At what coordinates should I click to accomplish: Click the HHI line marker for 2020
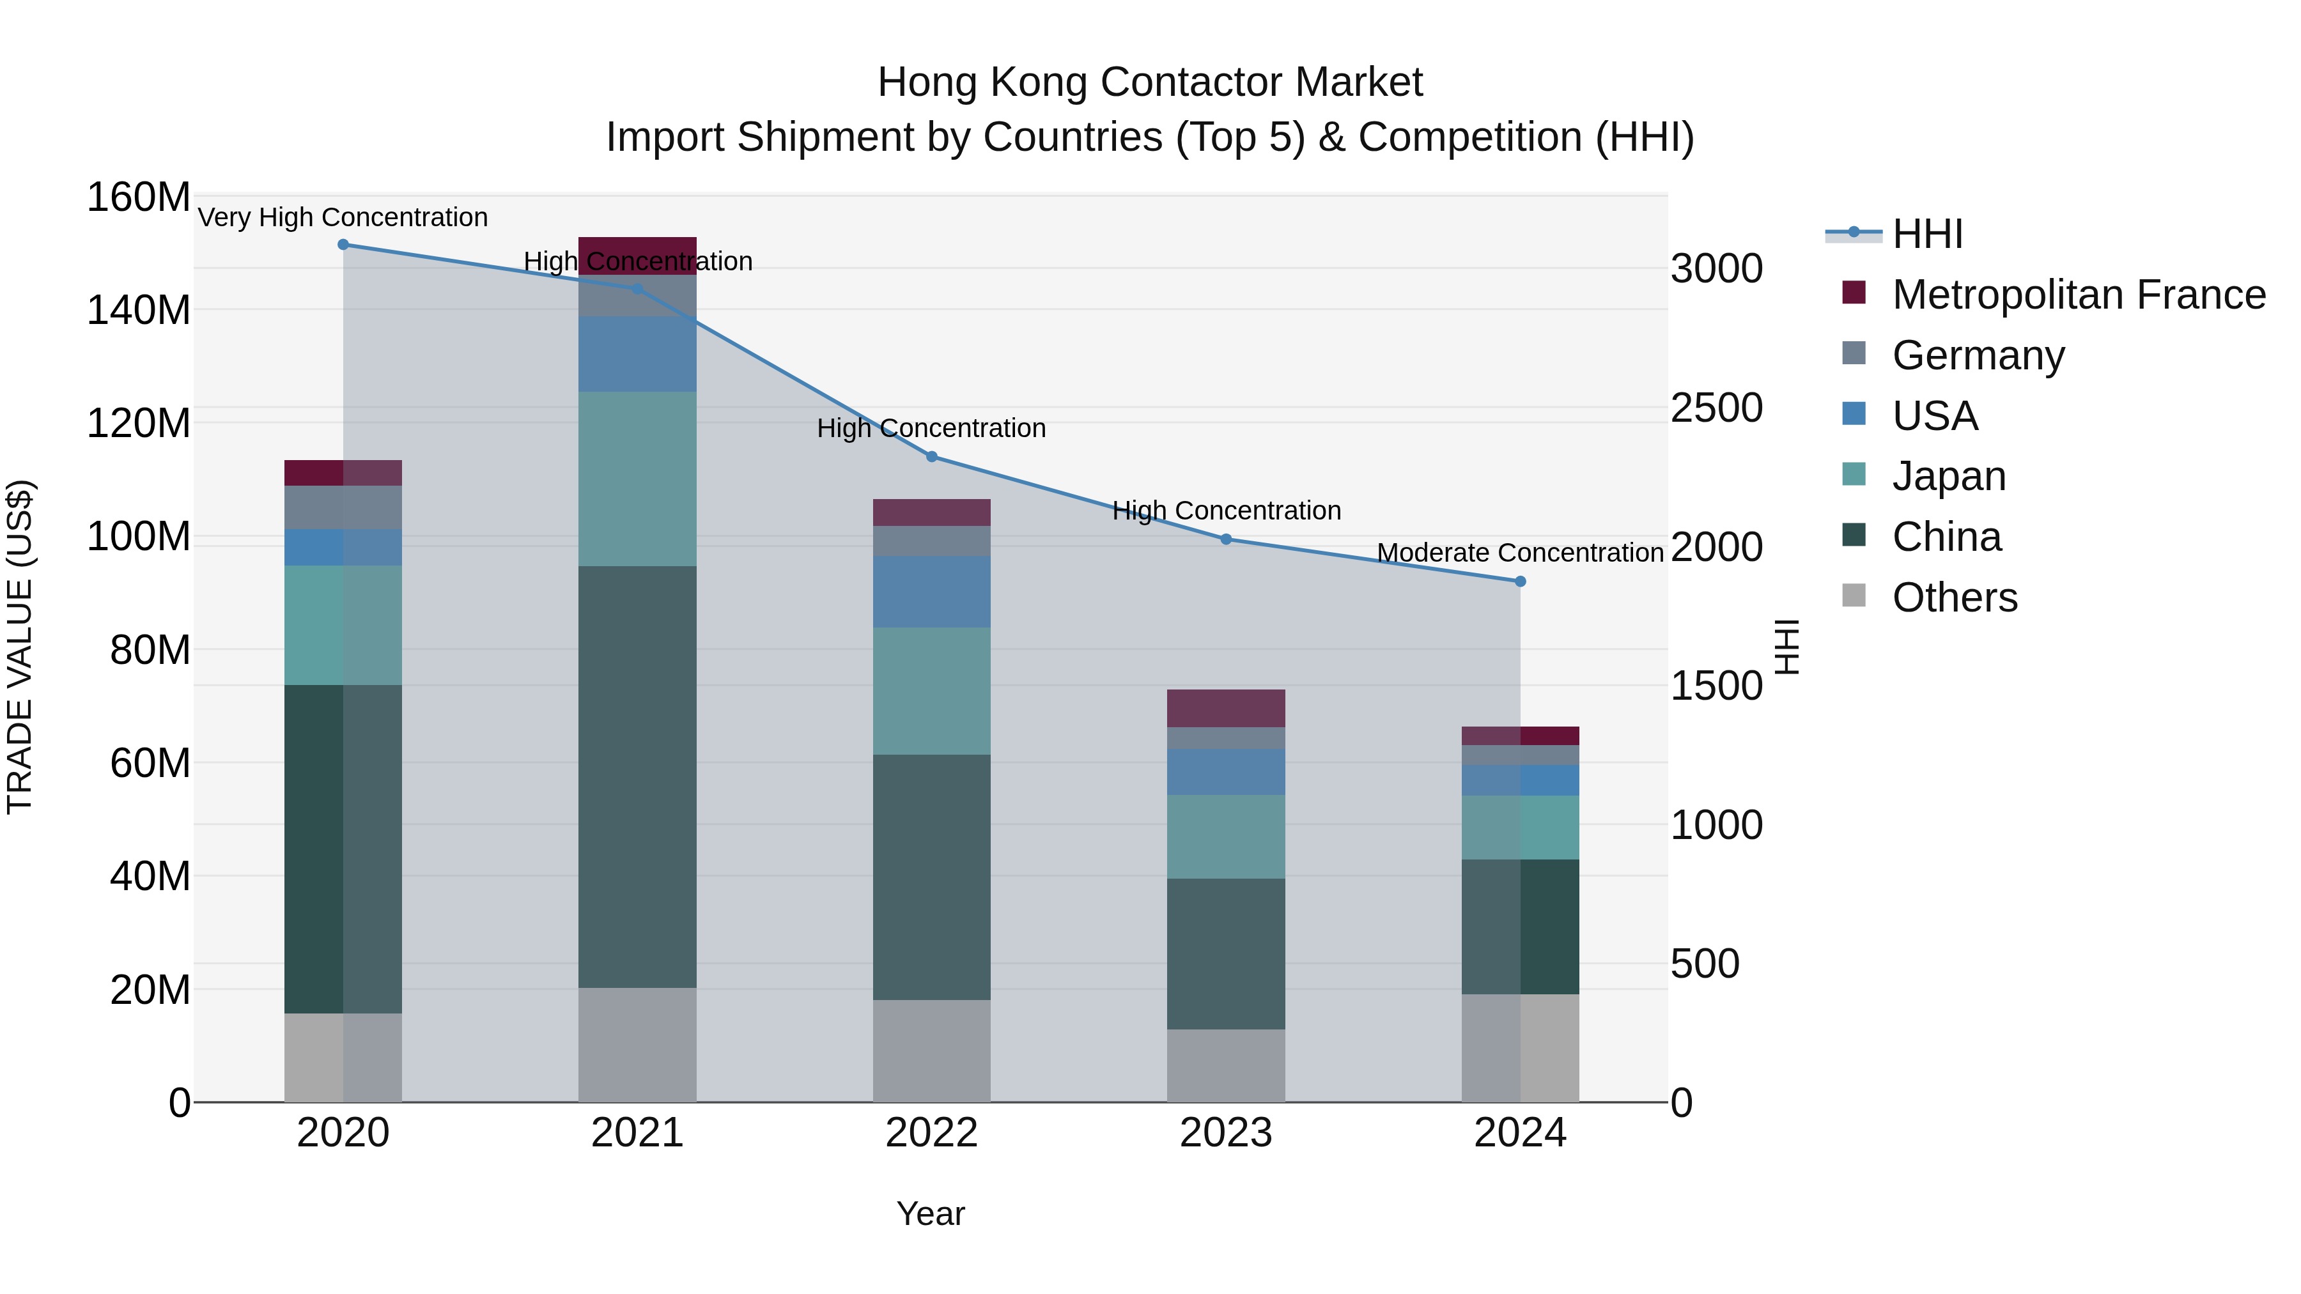343,245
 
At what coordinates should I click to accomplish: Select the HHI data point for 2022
932,456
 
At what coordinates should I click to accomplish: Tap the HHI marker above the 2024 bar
1521,582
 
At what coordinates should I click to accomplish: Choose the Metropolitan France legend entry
2078,295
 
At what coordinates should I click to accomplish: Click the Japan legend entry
1948,476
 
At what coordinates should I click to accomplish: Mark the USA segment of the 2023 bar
1225,771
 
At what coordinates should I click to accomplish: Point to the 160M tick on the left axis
139,197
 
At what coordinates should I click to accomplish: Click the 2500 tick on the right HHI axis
1716,408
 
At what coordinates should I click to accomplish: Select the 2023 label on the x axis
1225,1133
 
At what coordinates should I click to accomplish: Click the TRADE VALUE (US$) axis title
20,647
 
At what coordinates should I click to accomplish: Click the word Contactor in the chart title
1184,82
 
